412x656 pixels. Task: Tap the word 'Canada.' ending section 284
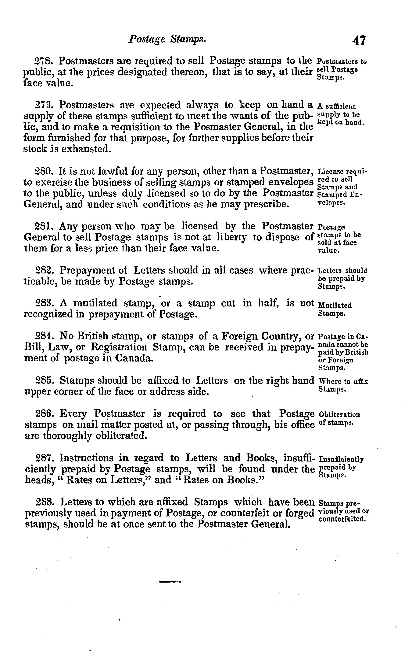133,358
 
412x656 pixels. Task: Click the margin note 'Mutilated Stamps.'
335,309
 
